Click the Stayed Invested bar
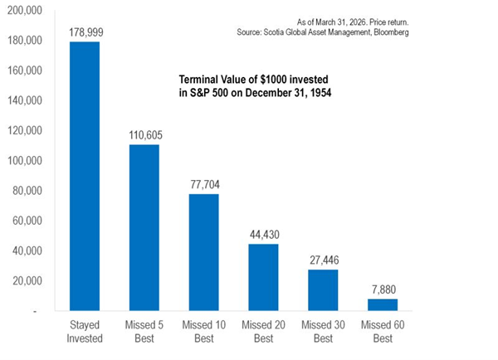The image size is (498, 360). point(85,176)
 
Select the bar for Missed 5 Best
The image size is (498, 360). point(144,227)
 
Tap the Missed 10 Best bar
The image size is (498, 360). point(204,252)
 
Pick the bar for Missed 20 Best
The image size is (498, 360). point(263,277)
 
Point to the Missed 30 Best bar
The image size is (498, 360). point(323,290)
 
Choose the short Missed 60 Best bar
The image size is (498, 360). point(383,304)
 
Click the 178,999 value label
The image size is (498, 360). point(86,32)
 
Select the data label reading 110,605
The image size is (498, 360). point(145,135)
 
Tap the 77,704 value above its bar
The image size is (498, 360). point(205,184)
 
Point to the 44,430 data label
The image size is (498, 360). point(265,235)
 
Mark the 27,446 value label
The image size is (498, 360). point(325,260)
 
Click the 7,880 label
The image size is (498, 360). point(384,289)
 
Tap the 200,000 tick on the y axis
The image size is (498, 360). point(25,11)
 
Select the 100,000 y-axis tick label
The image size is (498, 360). point(25,161)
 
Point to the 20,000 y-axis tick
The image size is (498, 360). point(27,281)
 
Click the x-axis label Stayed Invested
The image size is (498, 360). point(85,332)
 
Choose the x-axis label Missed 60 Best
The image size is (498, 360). point(383,332)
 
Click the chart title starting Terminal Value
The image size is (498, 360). point(255,86)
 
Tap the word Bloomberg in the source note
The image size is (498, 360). point(391,32)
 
